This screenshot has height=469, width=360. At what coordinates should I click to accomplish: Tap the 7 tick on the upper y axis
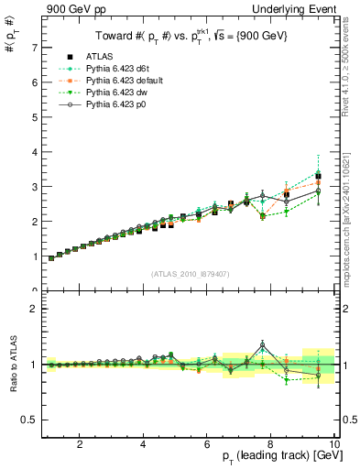click(x=33, y=47)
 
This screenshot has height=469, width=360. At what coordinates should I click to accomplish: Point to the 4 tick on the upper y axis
click(x=33, y=152)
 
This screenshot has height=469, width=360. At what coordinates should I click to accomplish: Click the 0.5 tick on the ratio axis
click(x=29, y=420)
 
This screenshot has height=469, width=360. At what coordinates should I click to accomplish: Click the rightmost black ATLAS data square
click(x=318, y=176)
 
